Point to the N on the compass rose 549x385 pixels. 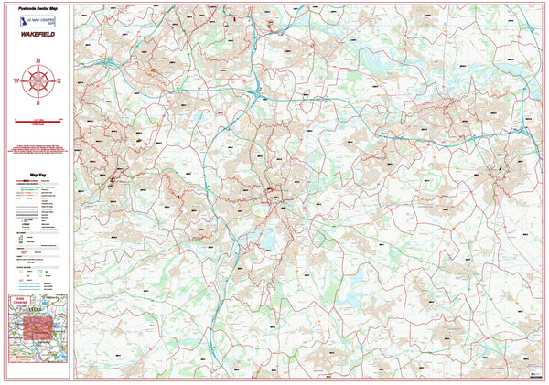(x=38, y=61)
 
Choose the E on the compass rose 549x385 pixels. (x=58, y=81)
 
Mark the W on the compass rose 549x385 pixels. (x=17, y=81)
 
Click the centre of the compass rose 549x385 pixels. (x=38, y=81)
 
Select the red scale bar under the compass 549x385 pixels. (x=38, y=121)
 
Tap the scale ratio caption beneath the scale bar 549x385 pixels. (x=38, y=125)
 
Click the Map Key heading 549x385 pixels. (x=38, y=174)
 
